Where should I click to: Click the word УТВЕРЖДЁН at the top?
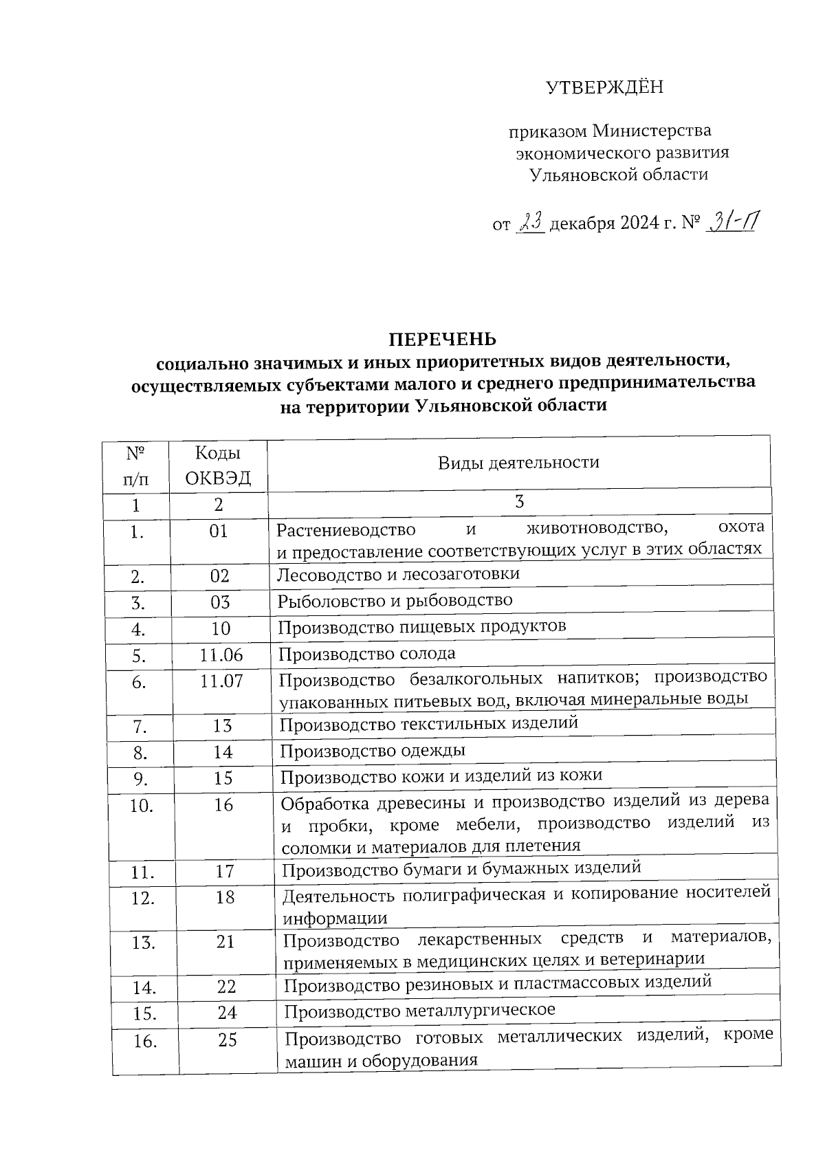tap(604, 87)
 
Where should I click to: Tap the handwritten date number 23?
tap(531, 223)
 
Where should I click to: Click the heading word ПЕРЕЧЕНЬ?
tap(443, 339)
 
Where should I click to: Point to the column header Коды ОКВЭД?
tap(218, 465)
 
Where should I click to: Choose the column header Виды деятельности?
tap(518, 462)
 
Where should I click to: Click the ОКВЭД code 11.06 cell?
tap(221, 655)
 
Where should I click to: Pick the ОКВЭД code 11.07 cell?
tap(221, 681)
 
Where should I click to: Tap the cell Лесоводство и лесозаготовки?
tap(398, 573)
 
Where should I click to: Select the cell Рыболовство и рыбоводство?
tap(395, 600)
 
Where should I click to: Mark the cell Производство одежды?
tap(373, 750)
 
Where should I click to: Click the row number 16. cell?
tap(145, 1041)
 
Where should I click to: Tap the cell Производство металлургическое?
tap(419, 1011)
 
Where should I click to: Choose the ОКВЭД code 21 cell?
tap(225, 941)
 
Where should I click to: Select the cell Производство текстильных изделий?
tap(428, 724)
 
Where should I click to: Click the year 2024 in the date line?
tap(635, 224)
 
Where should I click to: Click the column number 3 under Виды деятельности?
tap(519, 501)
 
